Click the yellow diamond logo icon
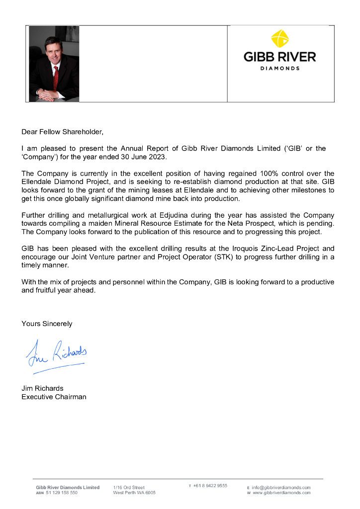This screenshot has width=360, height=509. tap(280, 39)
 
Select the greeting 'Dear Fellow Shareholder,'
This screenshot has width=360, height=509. tap(63, 132)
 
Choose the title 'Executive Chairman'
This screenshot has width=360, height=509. tap(54, 397)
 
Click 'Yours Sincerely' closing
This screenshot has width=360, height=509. tap(47, 324)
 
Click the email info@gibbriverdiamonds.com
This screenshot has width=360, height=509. tap(281, 488)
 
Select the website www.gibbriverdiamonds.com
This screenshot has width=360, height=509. tap(281, 493)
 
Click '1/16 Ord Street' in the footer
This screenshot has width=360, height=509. tap(129, 488)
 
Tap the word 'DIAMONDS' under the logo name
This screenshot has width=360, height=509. tap(280, 68)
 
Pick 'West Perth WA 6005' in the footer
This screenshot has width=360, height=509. tap(134, 493)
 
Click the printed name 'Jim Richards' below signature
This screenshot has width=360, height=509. tap(42, 388)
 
